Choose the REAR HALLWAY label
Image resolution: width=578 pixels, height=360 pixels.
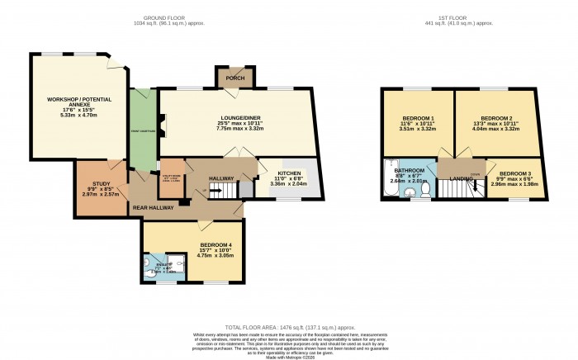click(x=154, y=208)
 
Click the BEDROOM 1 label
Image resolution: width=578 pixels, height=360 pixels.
click(x=417, y=119)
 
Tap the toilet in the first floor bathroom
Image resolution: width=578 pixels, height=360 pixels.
click(x=424, y=189)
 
